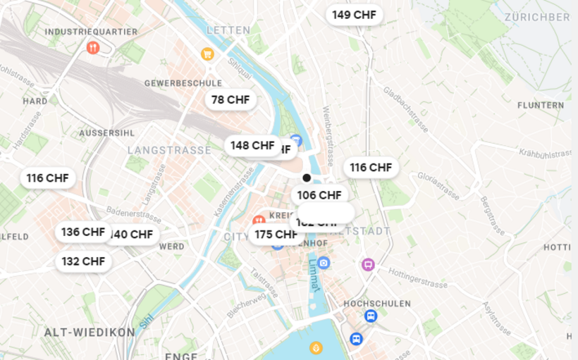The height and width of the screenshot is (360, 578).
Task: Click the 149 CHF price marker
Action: [x=354, y=15]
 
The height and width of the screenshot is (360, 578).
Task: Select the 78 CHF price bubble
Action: [x=230, y=100]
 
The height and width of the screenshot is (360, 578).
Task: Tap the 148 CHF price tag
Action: [x=252, y=145]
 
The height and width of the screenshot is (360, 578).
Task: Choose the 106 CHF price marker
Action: [x=319, y=194]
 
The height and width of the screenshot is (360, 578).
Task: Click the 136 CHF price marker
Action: [x=82, y=232]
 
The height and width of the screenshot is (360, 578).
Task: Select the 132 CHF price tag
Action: [x=83, y=261]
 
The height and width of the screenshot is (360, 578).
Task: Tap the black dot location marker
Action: [x=307, y=178]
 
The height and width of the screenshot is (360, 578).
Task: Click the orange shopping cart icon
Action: [x=207, y=54]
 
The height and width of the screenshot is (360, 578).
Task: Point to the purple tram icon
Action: [x=367, y=265]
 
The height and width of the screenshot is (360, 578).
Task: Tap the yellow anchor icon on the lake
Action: [x=316, y=347]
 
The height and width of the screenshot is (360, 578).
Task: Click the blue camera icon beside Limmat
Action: [x=324, y=263]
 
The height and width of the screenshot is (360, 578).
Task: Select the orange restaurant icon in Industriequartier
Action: [x=93, y=48]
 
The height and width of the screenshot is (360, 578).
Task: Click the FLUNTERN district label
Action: [x=541, y=106]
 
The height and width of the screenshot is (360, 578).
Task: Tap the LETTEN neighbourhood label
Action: [x=228, y=30]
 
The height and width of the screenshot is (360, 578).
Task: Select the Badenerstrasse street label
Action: [x=134, y=212]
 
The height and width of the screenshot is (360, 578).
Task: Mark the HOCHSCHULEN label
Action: [x=377, y=304]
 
